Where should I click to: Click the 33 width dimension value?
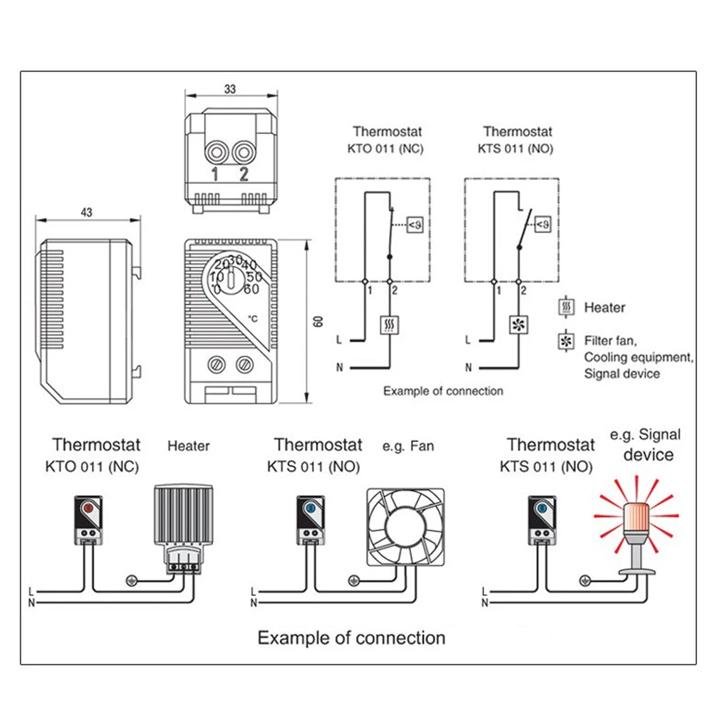point(230,89)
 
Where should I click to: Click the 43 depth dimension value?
point(86,212)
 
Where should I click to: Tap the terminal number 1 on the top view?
point(215,174)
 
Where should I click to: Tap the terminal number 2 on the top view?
point(244,174)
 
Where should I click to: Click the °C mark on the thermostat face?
point(252,318)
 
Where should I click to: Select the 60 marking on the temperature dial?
point(251,289)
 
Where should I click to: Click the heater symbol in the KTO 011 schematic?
point(389,325)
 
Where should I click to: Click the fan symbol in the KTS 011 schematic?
point(518,325)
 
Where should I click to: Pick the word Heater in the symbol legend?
point(605,307)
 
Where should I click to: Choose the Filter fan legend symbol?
point(566,342)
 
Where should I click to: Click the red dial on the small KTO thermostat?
point(88,507)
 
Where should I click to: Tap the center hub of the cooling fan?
point(405,527)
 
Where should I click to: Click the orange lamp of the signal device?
point(636,518)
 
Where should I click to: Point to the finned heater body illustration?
point(183,515)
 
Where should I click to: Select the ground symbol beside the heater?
point(131,581)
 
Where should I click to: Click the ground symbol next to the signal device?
point(585,581)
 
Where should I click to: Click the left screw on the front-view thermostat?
point(216,364)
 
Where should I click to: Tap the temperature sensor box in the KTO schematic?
point(414,225)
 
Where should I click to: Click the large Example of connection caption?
point(351,638)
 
